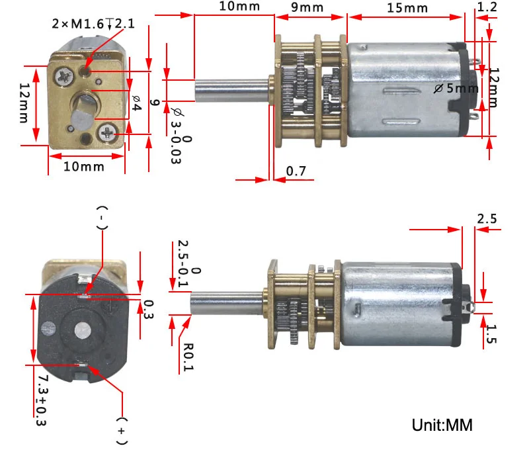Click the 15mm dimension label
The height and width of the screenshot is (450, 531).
(407, 9)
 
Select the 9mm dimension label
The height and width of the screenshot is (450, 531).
(307, 9)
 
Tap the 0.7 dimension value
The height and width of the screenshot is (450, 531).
(296, 172)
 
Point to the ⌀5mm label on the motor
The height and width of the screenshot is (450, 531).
(456, 88)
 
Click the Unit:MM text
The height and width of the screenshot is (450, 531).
(442, 424)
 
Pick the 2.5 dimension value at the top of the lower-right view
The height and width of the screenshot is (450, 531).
(486, 218)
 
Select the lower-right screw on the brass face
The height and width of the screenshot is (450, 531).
(108, 133)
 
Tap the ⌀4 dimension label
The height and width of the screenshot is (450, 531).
(137, 103)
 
